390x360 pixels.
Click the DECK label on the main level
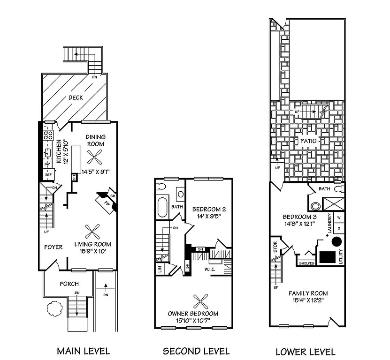[76, 97]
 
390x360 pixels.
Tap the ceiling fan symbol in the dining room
[96, 157]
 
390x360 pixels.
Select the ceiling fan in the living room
[92, 232]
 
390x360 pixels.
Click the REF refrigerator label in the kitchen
[48, 174]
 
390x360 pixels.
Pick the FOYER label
[54, 247]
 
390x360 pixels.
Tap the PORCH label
[69, 284]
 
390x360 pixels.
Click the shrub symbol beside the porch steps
[53, 308]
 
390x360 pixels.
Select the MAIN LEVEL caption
[83, 351]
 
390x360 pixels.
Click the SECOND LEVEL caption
[196, 351]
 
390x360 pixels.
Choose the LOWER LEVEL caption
[305, 352]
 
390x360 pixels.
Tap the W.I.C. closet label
[210, 270]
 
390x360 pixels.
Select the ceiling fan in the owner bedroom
[201, 300]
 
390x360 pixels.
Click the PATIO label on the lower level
[307, 141]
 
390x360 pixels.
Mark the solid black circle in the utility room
[336, 241]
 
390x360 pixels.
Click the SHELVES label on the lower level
[307, 263]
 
